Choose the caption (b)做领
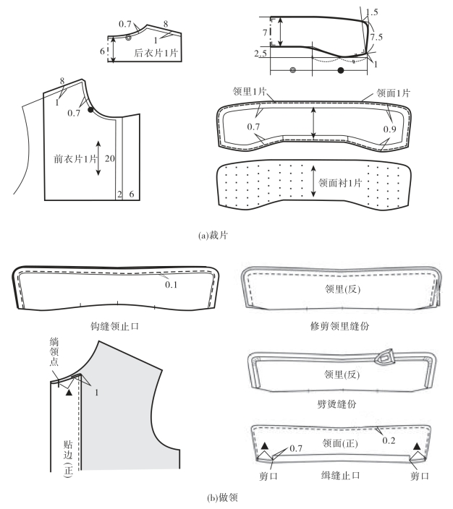point(226,498)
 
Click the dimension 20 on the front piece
point(110,159)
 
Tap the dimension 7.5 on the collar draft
point(376,35)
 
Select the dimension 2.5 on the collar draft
point(262,53)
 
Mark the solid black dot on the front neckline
point(91,110)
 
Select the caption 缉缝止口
point(341,476)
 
